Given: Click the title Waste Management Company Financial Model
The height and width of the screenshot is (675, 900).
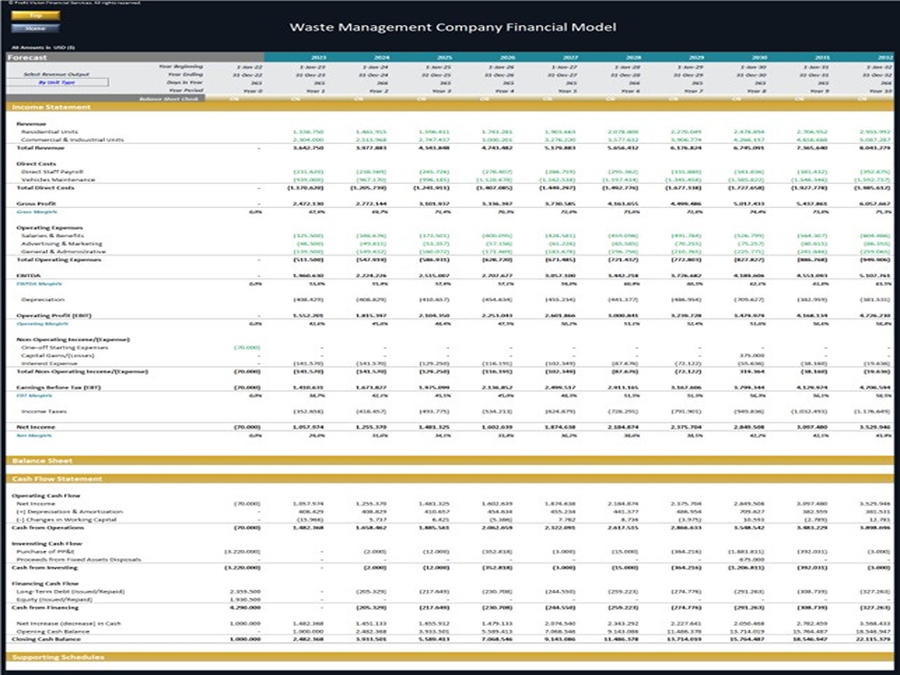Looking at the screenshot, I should pyautogui.click(x=453, y=27).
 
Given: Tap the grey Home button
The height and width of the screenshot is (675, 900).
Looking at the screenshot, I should pyautogui.click(x=36, y=28).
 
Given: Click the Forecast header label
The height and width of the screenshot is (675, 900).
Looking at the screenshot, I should pyautogui.click(x=27, y=58).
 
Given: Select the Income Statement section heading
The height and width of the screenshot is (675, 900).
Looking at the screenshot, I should pyautogui.click(x=51, y=107).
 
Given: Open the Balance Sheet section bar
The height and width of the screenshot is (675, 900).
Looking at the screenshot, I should pyautogui.click(x=42, y=461).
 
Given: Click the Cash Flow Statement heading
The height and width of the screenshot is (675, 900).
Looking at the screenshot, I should pyautogui.click(x=57, y=479).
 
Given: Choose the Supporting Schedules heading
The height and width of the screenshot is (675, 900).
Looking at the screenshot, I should pyautogui.click(x=58, y=657).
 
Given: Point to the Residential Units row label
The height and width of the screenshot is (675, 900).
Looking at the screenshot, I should pyautogui.click(x=49, y=132).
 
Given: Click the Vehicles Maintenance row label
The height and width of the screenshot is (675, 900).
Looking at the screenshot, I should pyautogui.click(x=58, y=180).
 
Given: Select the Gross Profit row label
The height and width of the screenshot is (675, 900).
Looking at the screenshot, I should pyautogui.click(x=36, y=203).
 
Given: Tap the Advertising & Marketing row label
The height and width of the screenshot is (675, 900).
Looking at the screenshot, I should pyautogui.click(x=62, y=243).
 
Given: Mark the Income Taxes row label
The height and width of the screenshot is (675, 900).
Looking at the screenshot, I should pyautogui.click(x=44, y=411).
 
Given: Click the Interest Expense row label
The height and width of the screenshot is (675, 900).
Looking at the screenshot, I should pyautogui.click(x=49, y=363).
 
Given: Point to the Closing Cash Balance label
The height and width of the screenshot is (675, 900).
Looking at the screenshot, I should pyautogui.click(x=46, y=639).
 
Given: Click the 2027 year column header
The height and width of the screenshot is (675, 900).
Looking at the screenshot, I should pyautogui.click(x=571, y=58).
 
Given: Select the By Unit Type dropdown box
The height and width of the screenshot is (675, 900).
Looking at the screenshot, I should pyautogui.click(x=57, y=82).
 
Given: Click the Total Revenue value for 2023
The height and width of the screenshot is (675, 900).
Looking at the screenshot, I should pyautogui.click(x=308, y=148).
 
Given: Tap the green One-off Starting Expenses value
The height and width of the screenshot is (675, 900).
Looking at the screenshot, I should pyautogui.click(x=247, y=347).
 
